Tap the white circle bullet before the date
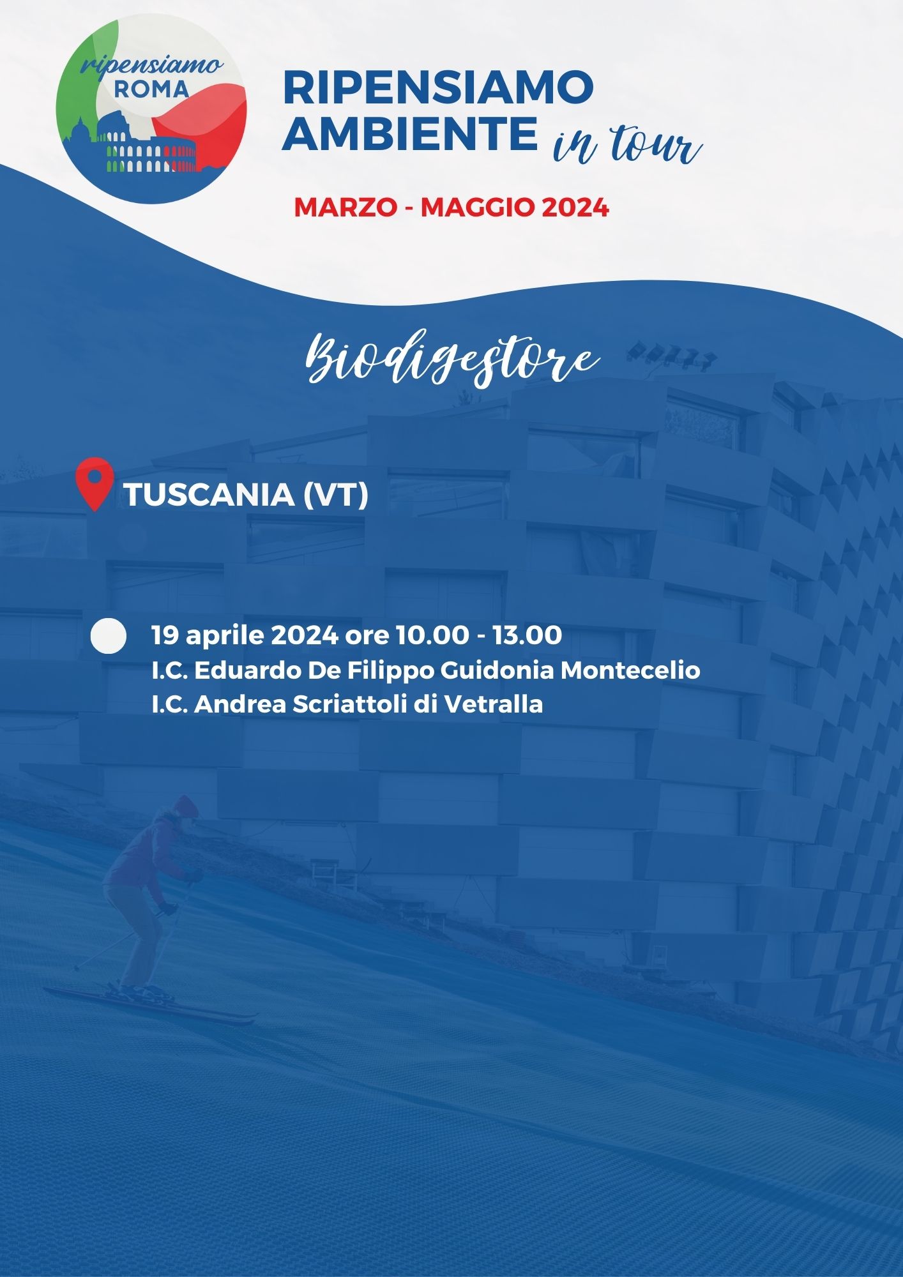[x=109, y=635]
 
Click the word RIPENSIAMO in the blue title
[x=438, y=87]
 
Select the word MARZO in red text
[x=345, y=208]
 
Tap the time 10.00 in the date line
[x=430, y=635]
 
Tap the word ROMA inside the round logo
[x=152, y=89]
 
